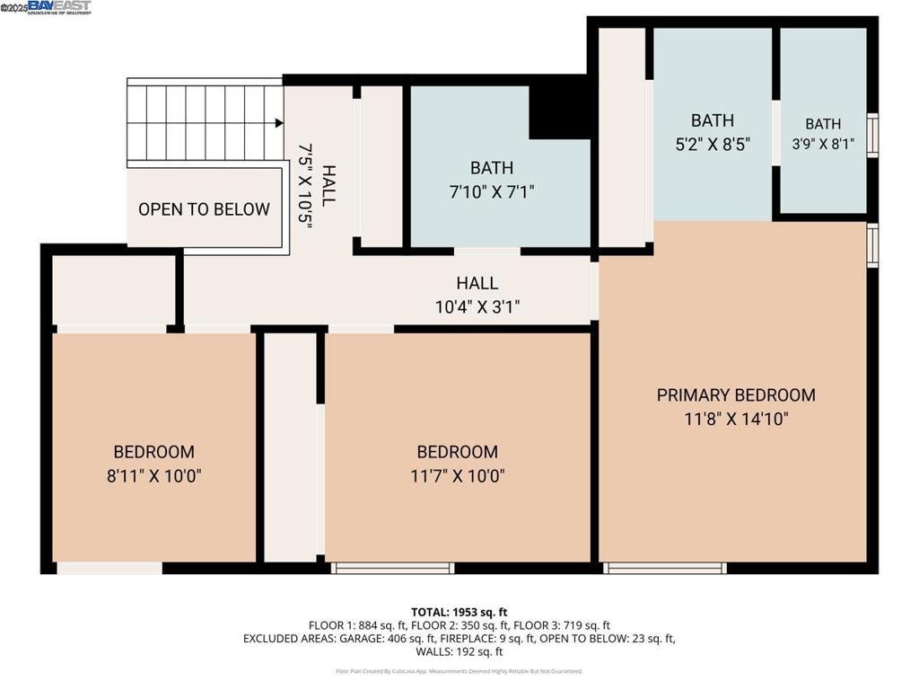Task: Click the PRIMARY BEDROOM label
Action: click(736, 395)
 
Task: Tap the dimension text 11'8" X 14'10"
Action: click(736, 419)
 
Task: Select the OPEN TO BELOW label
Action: click(204, 209)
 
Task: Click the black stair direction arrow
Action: click(278, 123)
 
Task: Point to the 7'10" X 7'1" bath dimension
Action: click(492, 190)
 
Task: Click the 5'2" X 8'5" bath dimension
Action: click(713, 143)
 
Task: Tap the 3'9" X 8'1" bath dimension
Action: click(823, 144)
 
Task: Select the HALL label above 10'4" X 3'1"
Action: click(477, 284)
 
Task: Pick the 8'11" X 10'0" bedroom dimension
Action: click(153, 475)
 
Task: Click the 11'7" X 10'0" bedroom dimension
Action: click(457, 475)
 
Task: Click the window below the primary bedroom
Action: click(664, 568)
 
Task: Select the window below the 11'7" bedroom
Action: click(392, 568)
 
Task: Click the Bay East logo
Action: click(59, 7)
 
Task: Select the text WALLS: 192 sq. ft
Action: click(459, 652)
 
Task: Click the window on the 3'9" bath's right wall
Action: click(872, 136)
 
